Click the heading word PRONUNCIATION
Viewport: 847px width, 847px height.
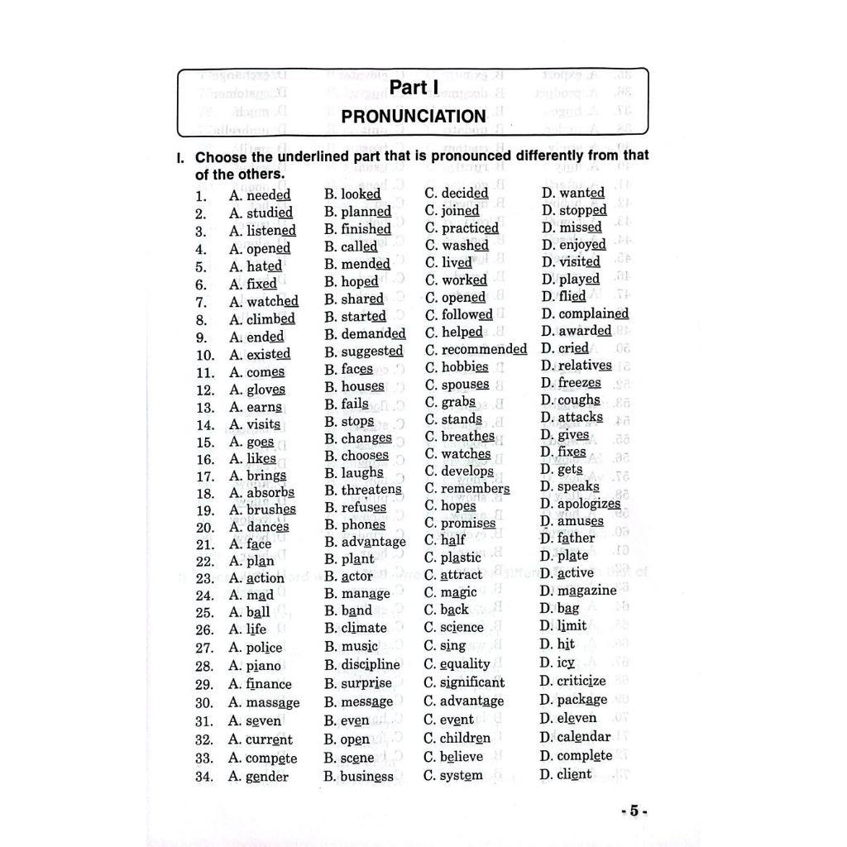414,117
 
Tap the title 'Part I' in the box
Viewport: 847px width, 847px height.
414,89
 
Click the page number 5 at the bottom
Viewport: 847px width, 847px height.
634,811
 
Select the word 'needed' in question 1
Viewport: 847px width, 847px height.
269,195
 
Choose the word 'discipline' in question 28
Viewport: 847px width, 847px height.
371,664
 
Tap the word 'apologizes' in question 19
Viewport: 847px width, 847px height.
589,504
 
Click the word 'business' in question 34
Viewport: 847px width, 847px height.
366,777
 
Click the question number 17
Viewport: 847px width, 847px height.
205,476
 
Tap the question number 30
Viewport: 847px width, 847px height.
205,703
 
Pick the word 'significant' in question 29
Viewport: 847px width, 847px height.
472,682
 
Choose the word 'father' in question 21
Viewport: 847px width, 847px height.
576,538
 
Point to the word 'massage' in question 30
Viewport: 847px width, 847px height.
273,703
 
